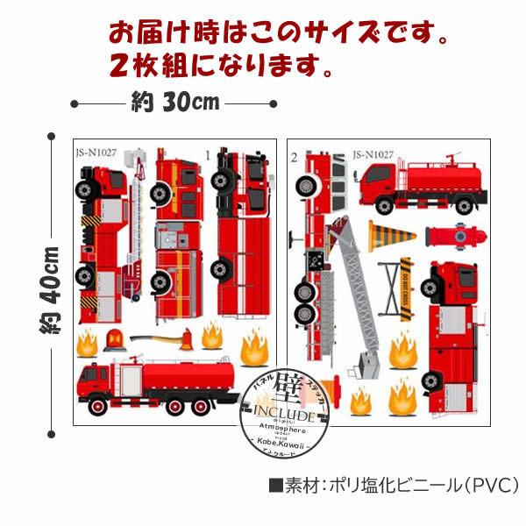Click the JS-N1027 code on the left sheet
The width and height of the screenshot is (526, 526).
pyautogui.click(x=97, y=152)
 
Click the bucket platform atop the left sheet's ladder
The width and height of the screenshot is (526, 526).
pyautogui.click(x=135, y=161)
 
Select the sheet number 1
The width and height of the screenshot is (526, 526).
pyautogui.click(x=208, y=154)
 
